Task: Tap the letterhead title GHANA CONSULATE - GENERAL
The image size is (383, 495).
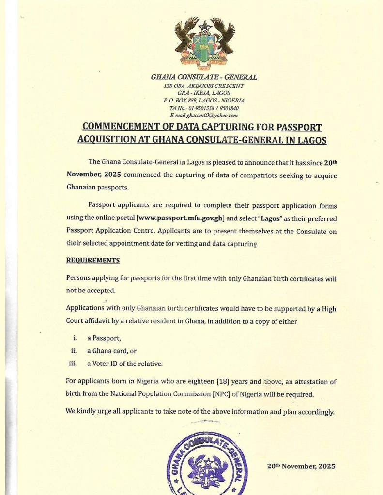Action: coord(204,77)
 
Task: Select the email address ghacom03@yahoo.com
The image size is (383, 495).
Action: coord(204,116)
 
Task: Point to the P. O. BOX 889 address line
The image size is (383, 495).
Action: coord(204,101)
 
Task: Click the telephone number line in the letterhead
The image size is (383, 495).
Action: coord(204,108)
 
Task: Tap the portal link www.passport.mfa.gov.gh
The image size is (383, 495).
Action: coord(181,220)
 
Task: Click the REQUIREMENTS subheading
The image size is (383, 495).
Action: coord(92,261)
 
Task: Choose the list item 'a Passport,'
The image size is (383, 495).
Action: coord(104,338)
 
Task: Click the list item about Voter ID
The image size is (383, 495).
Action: coord(118,364)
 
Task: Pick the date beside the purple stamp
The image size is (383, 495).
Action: coord(301,466)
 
